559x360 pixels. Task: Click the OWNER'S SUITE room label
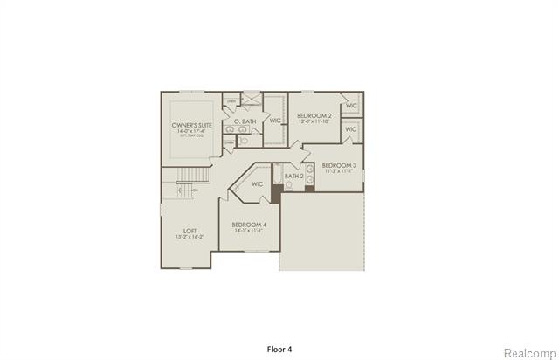(191, 126)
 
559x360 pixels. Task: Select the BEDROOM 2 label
(314, 115)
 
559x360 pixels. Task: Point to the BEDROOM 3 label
(338, 164)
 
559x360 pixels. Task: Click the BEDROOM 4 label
(249, 225)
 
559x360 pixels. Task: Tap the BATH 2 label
(294, 177)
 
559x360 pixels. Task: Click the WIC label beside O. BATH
(274, 120)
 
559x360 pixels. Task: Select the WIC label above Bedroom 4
(258, 184)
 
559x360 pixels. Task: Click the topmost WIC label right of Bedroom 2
(351, 106)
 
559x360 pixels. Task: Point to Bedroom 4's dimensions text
(249, 232)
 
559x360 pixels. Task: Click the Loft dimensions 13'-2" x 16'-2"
(190, 237)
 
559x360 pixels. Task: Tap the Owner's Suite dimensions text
(191, 132)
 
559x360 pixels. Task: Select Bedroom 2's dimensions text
(314, 121)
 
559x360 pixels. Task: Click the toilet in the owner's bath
(245, 139)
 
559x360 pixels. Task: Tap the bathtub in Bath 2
(277, 178)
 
